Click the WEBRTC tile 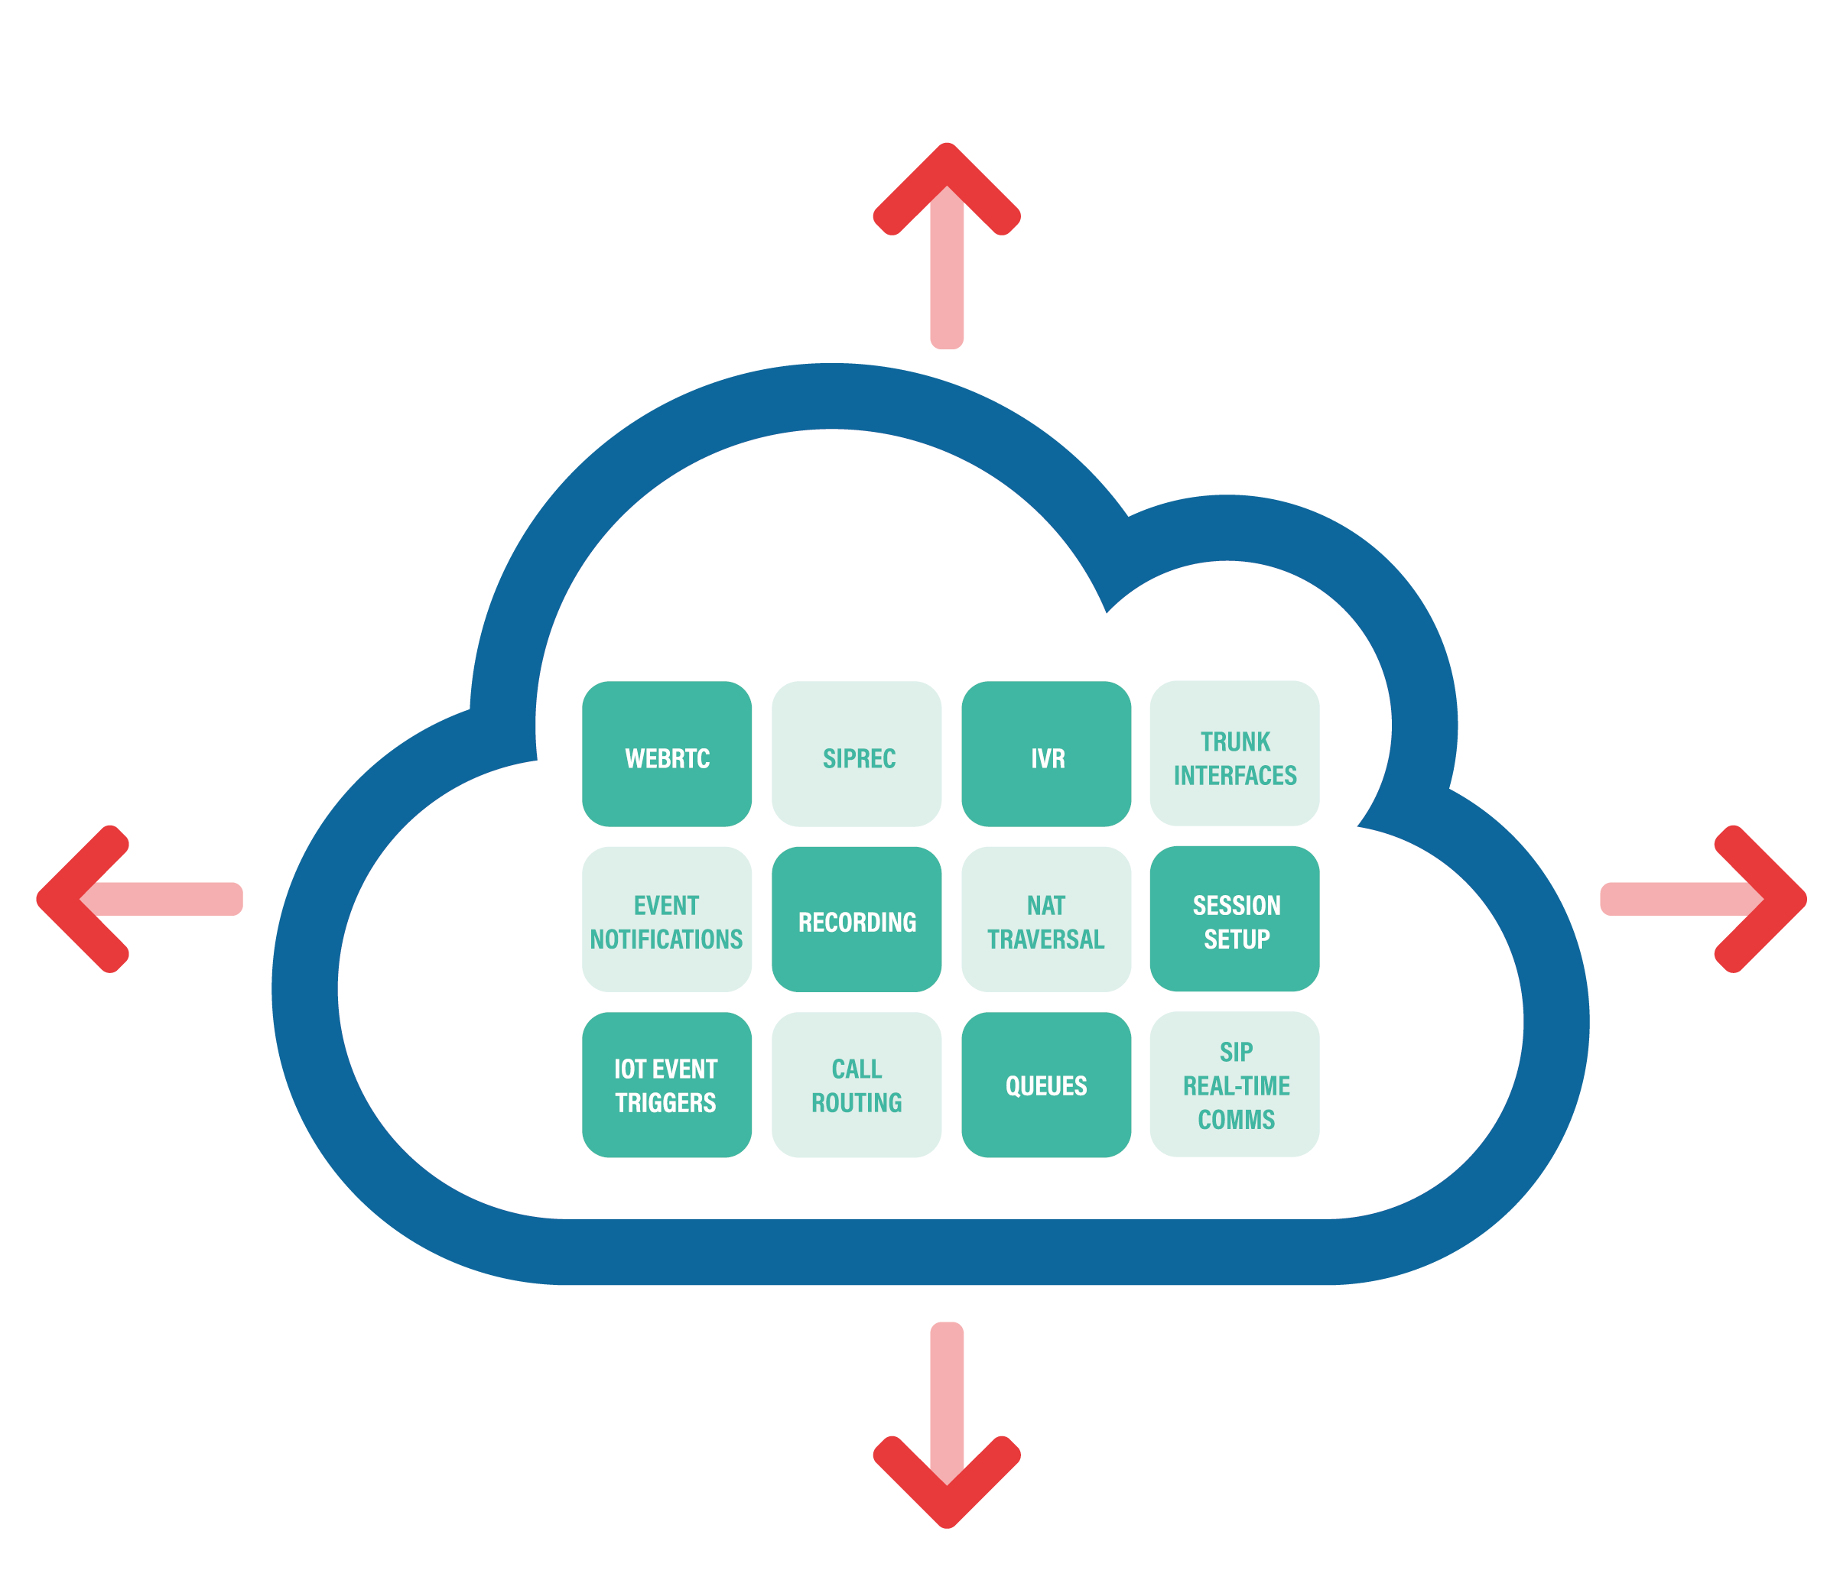tap(666, 754)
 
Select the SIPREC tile tap(857, 754)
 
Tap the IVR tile tap(1046, 754)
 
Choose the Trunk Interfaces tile tap(1234, 754)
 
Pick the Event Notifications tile tap(666, 919)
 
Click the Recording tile tap(857, 919)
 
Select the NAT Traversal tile tap(1046, 919)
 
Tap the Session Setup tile tap(1234, 919)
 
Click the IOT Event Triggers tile tap(666, 1085)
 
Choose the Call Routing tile tap(857, 1085)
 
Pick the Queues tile tap(1046, 1085)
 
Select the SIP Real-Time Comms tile tap(1234, 1085)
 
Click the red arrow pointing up tap(946, 240)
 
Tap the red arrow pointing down tap(946, 1431)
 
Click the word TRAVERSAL tap(1046, 939)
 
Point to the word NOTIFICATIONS tap(666, 939)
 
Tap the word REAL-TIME tap(1236, 1085)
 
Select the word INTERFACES tap(1235, 775)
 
